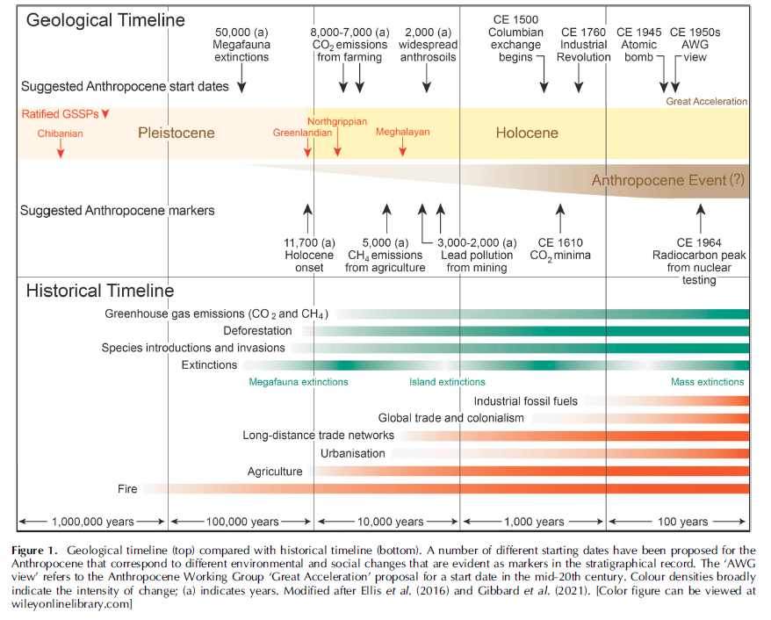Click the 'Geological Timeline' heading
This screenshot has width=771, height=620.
point(105,20)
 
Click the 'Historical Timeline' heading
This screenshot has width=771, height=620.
point(100,291)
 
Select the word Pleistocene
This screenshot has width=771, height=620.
point(176,133)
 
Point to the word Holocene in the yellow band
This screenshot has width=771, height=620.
point(527,133)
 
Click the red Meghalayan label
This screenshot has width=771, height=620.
point(403,132)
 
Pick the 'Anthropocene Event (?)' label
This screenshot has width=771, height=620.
point(667,181)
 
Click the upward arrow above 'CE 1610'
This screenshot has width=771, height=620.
point(559,215)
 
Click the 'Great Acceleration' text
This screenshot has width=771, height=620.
point(707,102)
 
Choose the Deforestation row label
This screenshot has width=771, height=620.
point(257,331)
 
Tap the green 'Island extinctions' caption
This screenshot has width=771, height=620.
point(447,382)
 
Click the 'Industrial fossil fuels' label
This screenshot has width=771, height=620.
point(526,401)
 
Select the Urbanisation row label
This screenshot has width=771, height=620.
point(353,454)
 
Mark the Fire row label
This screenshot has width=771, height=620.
point(127,489)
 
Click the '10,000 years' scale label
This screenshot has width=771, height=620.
point(389,522)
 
